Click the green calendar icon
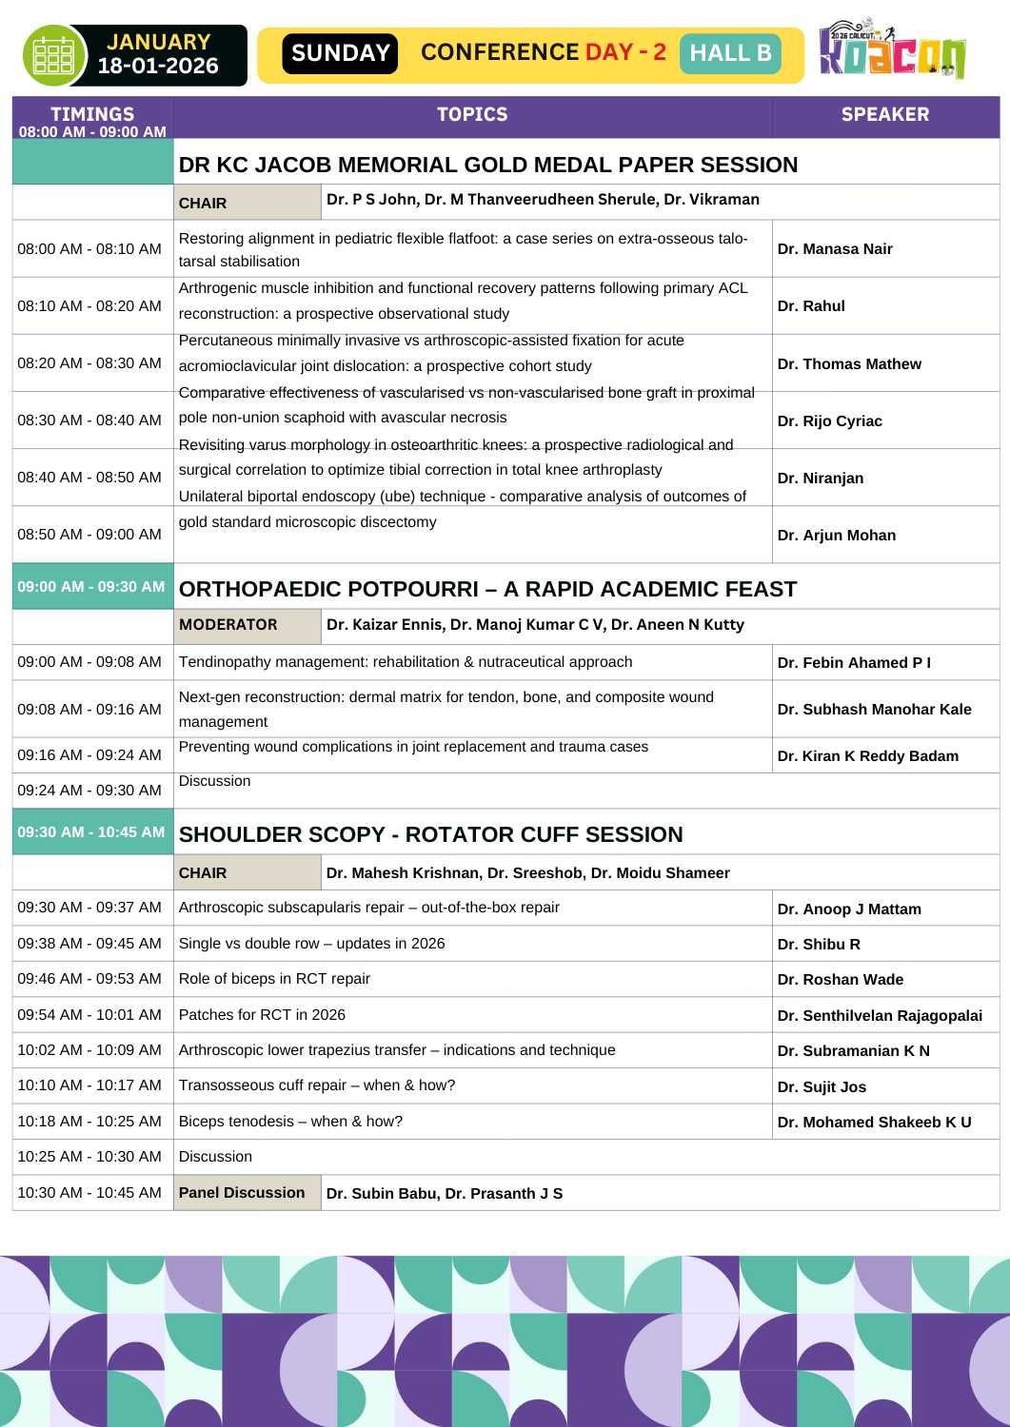[53, 55]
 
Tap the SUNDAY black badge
[340, 53]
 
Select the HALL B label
[730, 53]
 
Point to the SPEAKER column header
[884, 115]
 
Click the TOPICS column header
[472, 115]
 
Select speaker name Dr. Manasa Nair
[835, 249]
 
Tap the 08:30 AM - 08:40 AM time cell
[89, 420]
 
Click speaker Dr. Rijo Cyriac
[829, 420]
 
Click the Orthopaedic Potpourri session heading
[487, 589]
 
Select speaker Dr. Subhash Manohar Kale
[874, 709]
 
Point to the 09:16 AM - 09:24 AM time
[89, 755]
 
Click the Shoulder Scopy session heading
[430, 834]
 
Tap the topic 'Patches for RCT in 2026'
[262, 1015]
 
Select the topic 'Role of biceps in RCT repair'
[274, 979]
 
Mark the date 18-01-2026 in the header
[158, 67]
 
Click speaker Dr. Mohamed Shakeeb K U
[874, 1123]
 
